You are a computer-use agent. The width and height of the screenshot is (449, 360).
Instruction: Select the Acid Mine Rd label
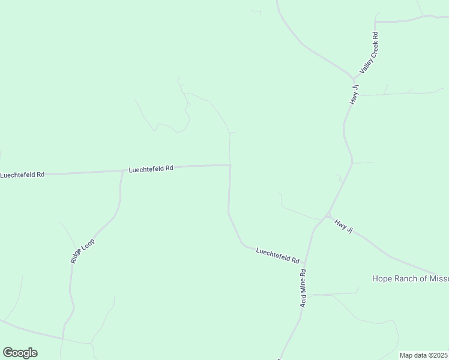(304, 288)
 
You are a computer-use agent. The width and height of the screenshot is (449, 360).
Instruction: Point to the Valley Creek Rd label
(369, 53)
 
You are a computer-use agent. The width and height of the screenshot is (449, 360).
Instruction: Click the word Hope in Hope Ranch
(382, 278)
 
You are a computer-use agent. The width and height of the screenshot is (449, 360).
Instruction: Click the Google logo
(20, 353)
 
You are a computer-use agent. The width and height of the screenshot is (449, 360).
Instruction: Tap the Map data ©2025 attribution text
(423, 355)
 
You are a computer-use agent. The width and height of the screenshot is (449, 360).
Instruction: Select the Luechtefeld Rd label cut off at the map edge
(22, 175)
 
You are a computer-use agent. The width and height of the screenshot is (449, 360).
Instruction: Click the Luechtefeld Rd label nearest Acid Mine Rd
(277, 256)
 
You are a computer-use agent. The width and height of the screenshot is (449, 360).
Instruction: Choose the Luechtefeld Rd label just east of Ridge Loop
(151, 169)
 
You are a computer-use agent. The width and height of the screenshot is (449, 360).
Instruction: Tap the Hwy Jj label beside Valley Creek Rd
(355, 95)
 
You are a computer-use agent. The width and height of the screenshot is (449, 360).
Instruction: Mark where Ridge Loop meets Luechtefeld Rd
(122, 171)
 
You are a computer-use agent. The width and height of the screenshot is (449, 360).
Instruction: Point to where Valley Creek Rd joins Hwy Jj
(355, 78)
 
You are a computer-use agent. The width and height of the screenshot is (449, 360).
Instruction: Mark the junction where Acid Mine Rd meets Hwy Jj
(327, 215)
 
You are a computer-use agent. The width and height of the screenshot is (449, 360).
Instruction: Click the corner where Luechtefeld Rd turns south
(230, 166)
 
